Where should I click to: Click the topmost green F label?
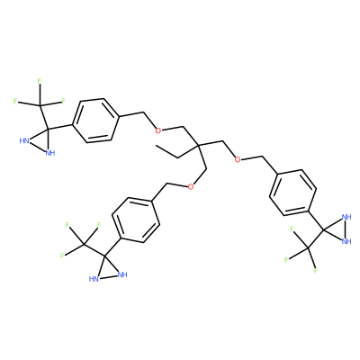40,81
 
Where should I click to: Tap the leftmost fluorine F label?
15,101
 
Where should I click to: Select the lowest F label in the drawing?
316,271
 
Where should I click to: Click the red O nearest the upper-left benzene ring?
158,130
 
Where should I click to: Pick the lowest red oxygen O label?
190,187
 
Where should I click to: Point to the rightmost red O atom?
238,159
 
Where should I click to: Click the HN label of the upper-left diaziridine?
24,140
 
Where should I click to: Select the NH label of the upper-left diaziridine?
50,153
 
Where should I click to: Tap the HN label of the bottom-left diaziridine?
94,279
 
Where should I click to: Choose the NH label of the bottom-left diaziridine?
122,274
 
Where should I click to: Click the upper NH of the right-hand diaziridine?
346,217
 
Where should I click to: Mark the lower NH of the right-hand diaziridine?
346,241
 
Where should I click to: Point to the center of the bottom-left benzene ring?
135,220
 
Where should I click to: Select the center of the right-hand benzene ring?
293,193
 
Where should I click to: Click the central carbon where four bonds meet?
198,145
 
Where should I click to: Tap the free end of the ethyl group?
156,146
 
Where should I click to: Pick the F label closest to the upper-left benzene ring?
63,101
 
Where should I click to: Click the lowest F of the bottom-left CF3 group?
62,256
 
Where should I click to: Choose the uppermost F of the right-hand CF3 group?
292,229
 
